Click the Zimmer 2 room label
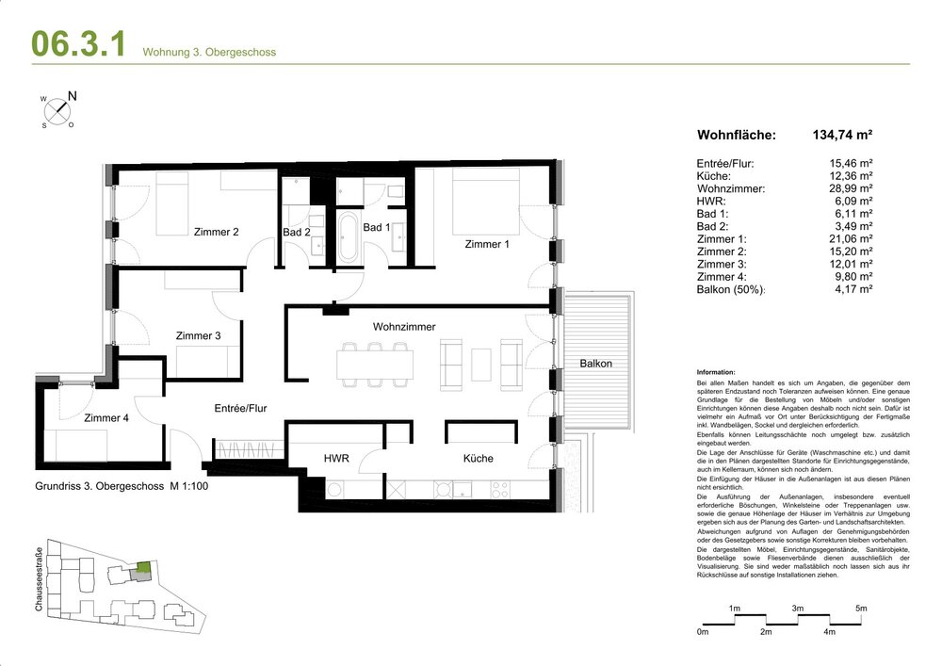216,232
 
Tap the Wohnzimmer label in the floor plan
404,327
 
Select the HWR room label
336,459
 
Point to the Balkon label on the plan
595,364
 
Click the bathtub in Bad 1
348,238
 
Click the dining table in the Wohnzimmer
375,363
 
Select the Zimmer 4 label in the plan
106,418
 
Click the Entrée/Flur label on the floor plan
239,408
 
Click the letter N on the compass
73,96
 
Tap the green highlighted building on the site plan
142,568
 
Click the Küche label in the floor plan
478,459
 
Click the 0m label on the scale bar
702,630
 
